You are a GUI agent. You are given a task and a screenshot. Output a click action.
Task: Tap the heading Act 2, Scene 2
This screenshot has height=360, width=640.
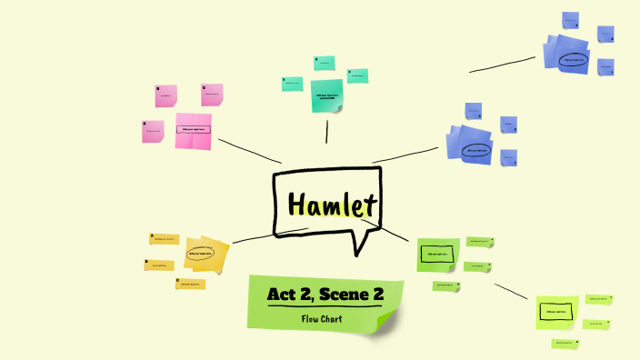[325, 295]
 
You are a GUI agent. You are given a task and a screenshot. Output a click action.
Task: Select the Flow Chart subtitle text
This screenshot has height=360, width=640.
[325, 318]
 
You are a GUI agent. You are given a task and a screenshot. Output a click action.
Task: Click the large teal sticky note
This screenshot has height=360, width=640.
[326, 95]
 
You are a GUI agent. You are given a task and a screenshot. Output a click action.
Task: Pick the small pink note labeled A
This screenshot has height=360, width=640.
[153, 132]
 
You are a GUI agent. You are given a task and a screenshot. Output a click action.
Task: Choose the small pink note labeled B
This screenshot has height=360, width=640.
[165, 95]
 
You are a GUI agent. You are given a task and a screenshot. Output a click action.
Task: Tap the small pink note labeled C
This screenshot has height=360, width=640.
[212, 94]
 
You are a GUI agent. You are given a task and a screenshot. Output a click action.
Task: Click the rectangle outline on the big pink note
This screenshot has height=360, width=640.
[194, 130]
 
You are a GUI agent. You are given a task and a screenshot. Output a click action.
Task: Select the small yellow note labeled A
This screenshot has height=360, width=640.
[164, 239]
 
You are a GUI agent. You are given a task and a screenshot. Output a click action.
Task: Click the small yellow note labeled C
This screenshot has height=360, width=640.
[189, 284]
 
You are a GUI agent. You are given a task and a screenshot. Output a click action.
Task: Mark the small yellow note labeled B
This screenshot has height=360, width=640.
[158, 265]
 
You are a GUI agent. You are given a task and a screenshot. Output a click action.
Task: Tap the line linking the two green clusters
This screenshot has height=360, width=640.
[510, 291]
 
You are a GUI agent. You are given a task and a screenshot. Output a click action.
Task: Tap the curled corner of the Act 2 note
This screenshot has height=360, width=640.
[387, 322]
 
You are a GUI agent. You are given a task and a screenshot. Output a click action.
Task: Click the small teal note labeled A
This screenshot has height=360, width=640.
[292, 84]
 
